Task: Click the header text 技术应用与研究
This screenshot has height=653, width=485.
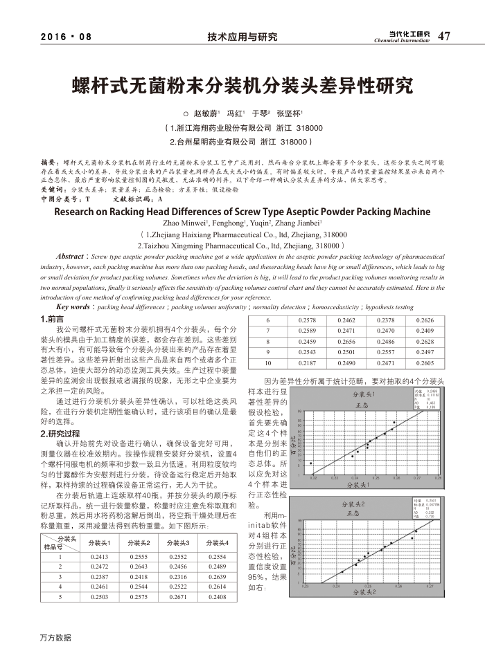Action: [242, 37]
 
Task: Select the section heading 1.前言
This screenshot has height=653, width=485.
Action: [53, 320]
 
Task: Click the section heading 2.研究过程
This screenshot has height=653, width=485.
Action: [60, 434]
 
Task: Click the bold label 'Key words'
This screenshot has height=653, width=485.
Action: [72, 306]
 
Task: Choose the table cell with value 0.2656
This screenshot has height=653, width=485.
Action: [346, 342]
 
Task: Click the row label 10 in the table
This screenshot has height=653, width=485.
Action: [268, 362]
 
